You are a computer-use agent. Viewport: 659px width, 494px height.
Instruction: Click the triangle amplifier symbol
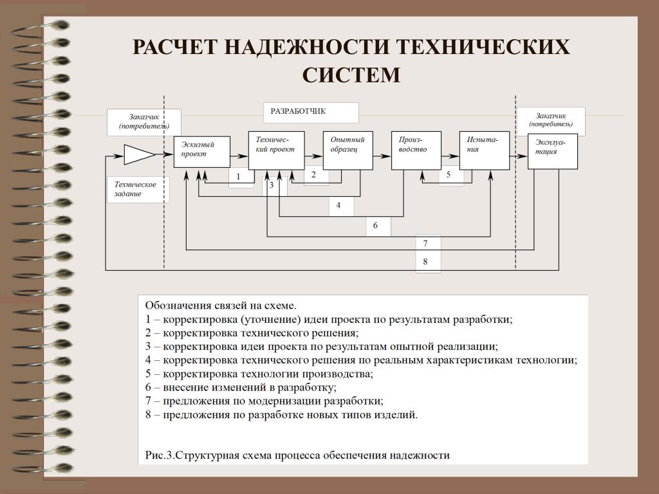[139, 154]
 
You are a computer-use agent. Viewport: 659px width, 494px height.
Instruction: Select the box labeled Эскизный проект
[201, 152]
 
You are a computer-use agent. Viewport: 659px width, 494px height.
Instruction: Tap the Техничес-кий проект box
[276, 151]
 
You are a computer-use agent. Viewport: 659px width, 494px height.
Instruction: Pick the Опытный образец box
[348, 151]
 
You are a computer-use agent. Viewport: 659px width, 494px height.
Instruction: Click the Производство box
[416, 151]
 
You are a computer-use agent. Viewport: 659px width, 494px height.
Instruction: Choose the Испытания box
[485, 151]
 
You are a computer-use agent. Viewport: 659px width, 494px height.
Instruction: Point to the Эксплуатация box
[553, 151]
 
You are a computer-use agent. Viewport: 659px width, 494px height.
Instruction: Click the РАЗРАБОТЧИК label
[298, 111]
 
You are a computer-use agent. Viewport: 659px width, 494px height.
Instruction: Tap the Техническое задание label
[135, 189]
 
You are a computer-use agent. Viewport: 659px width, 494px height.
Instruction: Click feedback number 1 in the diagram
[238, 176]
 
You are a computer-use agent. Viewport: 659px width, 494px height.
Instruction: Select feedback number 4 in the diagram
[339, 205]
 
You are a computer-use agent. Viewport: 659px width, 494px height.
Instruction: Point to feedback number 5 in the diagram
[449, 174]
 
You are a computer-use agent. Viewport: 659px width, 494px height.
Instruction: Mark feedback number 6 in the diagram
[375, 226]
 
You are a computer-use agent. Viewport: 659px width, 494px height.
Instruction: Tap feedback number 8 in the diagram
[425, 261]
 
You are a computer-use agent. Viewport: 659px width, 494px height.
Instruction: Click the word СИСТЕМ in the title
[351, 75]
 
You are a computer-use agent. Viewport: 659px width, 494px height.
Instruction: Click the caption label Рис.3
[160, 455]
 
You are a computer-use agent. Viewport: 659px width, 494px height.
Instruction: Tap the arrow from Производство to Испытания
[450, 156]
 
